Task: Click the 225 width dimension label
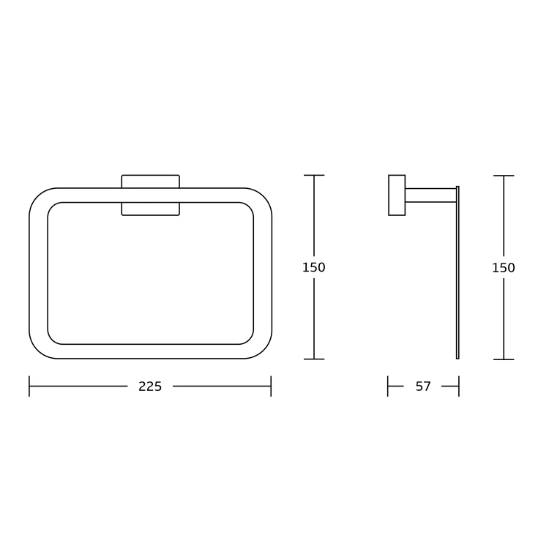pos(150,386)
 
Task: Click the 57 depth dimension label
pos(423,386)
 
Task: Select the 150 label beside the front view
pos(314,267)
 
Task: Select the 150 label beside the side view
pos(504,268)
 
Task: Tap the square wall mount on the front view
pos(151,195)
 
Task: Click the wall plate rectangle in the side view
pos(397,195)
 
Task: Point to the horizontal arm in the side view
pos(431,195)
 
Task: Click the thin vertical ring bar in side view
pos(457,272)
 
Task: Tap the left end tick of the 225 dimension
pos(29,386)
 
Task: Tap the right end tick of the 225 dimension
pos(271,386)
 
